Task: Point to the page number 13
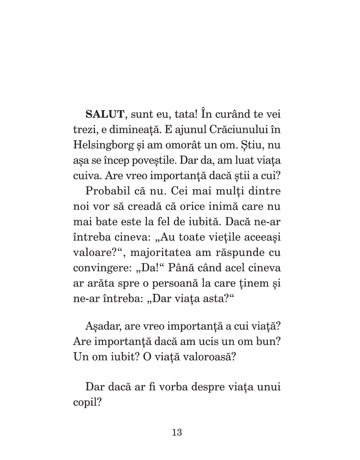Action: (176, 433)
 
